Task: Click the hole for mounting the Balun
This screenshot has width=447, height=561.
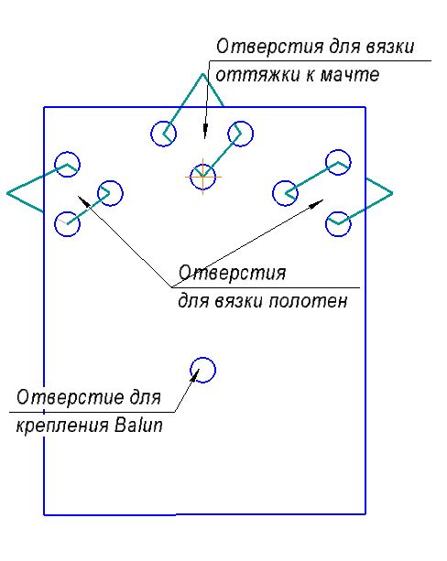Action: [202, 358]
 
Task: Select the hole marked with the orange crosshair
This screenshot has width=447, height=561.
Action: [202, 164]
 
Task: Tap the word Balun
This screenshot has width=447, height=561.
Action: [139, 425]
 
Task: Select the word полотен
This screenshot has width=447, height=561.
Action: [308, 301]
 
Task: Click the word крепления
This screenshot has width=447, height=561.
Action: [62, 426]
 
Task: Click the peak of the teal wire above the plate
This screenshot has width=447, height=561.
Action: [202, 74]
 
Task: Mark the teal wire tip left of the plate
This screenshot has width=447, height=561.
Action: [7, 193]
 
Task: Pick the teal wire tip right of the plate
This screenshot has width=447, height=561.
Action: [392, 193]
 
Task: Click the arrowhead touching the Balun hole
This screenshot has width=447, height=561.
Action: [194, 373]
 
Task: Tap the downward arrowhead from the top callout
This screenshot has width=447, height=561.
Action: [205, 132]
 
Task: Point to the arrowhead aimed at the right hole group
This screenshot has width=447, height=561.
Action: [316, 203]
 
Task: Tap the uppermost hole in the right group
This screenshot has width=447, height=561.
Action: [338, 150]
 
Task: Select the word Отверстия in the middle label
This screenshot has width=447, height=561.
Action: [232, 273]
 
